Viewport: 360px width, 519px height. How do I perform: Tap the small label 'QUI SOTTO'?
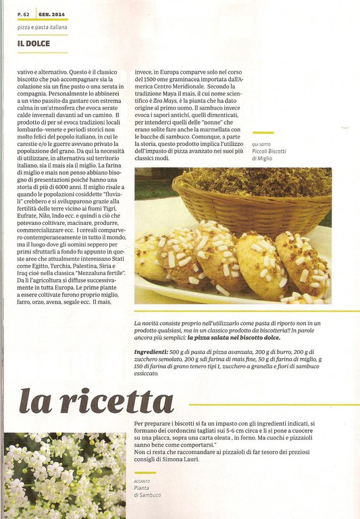coord(261,145)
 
